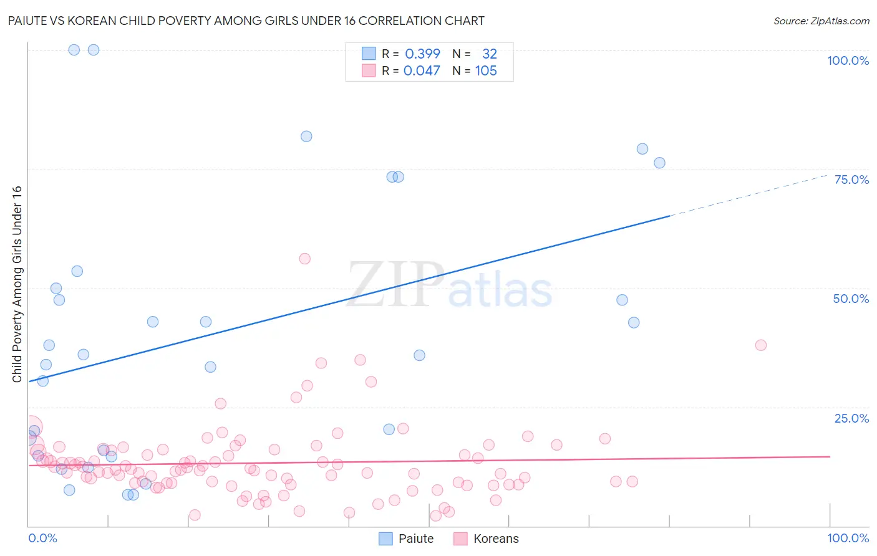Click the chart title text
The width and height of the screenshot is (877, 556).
pos(246,21)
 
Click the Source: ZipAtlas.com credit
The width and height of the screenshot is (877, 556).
pos(821,21)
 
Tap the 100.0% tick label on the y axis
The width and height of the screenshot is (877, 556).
pos(848,60)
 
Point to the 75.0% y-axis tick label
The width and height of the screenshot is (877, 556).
pos(851,180)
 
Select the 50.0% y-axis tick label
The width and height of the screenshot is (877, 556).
pos(851,299)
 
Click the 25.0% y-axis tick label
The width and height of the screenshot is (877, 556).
pos(851,418)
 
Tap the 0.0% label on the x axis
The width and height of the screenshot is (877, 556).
pos(42,538)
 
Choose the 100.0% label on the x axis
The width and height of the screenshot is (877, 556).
pos(848,538)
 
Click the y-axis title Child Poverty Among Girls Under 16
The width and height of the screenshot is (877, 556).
pos(17,284)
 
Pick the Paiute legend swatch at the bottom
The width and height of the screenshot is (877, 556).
pos(386,539)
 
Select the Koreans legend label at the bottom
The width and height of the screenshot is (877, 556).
pos(496,539)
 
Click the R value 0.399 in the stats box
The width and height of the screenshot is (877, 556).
pos(422,54)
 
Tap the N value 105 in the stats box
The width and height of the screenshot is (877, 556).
pos(486,70)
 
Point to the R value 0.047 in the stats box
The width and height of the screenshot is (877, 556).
pos(422,70)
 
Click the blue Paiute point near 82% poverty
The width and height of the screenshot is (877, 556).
pos(306,137)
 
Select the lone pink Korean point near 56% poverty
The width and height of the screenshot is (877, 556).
pos(304,259)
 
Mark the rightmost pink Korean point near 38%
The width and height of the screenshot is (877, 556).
pos(760,345)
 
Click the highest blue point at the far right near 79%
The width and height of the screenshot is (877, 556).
pos(642,149)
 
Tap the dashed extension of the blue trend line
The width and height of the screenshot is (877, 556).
pos(749,195)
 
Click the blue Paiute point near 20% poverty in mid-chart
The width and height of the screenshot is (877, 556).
pos(389,429)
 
